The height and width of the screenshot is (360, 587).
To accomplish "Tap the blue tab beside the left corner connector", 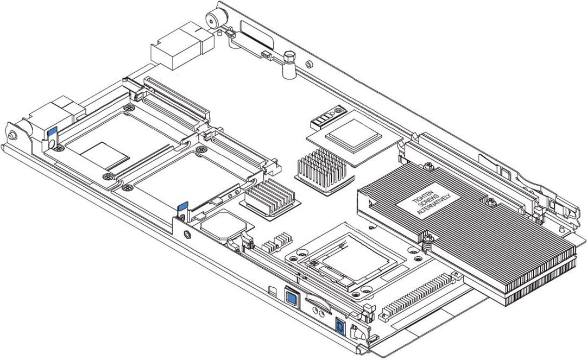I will pos(53,132).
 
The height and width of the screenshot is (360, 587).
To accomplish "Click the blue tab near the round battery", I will pos(183,207).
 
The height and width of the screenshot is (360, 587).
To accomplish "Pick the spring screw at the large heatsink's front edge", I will pos(428,238).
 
